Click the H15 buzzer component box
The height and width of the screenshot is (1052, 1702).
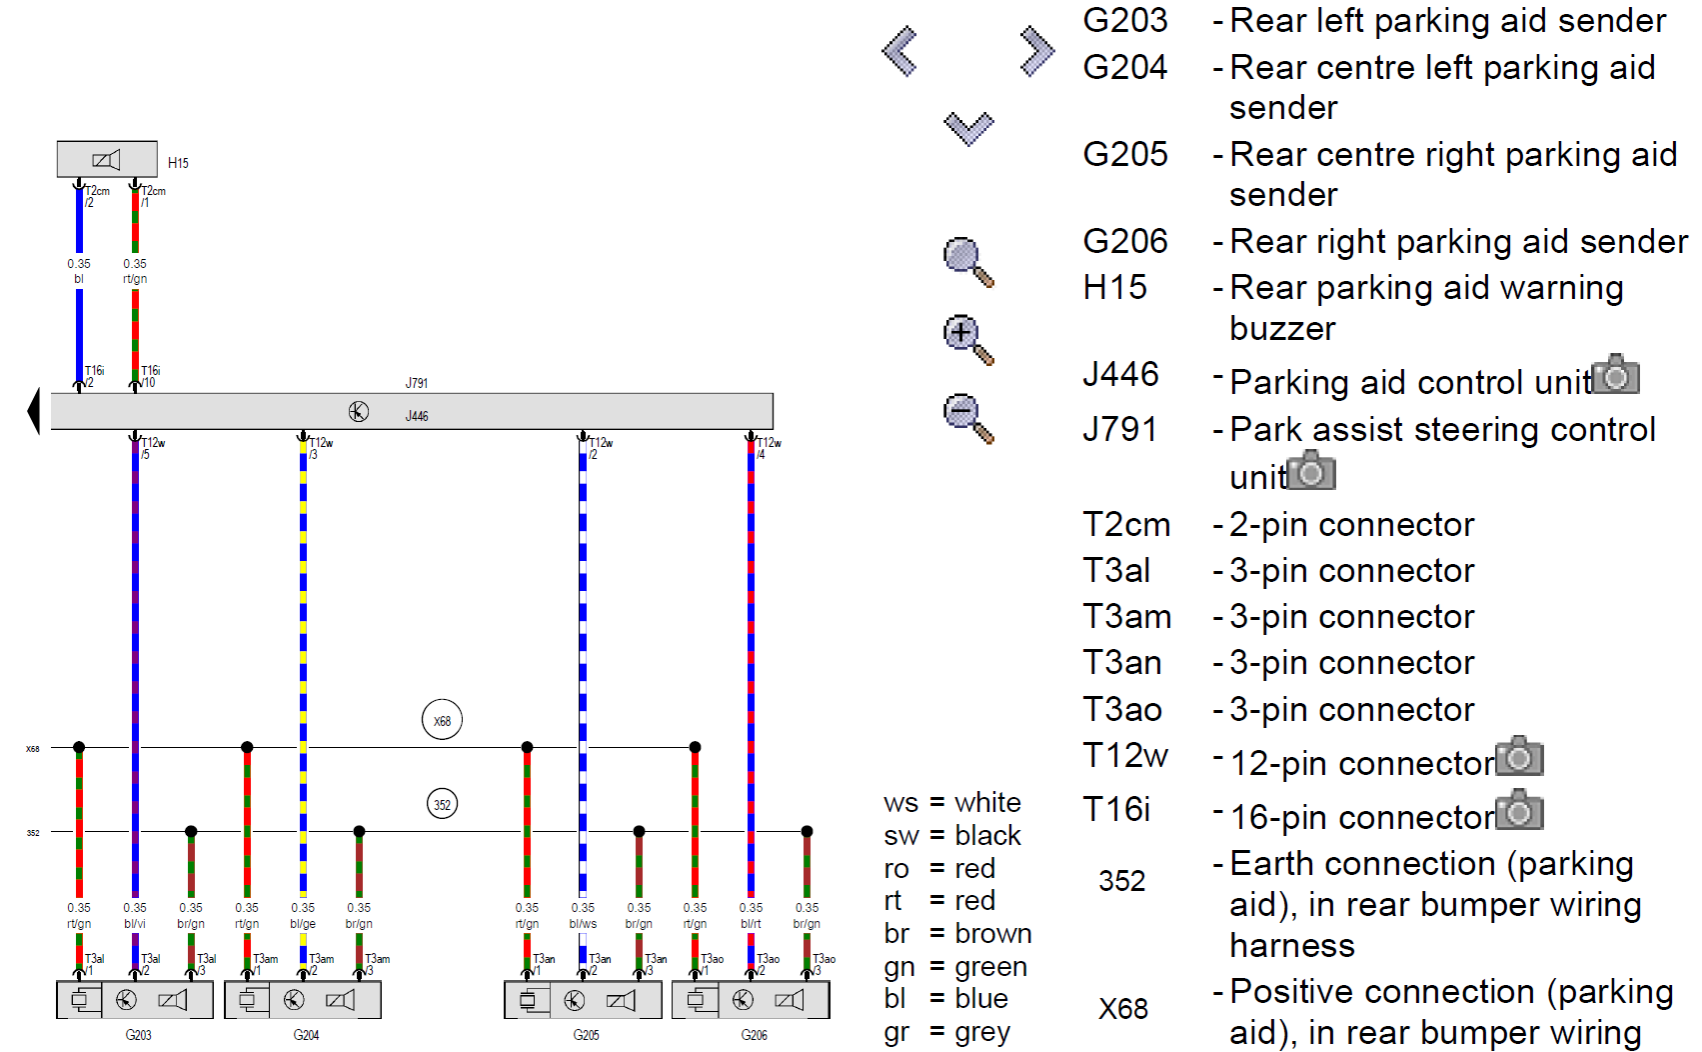point(107,159)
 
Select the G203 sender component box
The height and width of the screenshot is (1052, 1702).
point(134,999)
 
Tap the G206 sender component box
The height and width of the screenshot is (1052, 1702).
point(750,999)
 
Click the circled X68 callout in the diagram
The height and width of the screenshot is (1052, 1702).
point(442,720)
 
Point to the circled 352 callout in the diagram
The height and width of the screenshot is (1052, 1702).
point(442,804)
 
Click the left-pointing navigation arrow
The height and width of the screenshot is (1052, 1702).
point(900,51)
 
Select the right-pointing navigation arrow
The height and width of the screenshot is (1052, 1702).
point(1036,51)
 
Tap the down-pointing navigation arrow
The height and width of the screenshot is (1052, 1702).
point(968,128)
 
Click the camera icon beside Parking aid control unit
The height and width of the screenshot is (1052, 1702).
point(1616,375)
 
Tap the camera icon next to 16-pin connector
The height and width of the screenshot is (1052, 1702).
point(1519,811)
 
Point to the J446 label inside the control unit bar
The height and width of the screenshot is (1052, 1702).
point(417,416)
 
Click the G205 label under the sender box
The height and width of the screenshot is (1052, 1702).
point(587,1035)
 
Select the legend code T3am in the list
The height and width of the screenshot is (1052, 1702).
point(1126,617)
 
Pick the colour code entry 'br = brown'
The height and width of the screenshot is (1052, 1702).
point(957,933)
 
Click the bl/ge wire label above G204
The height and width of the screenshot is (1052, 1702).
point(303,924)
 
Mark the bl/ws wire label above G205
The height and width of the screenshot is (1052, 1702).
point(583,924)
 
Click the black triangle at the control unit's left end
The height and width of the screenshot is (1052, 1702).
point(34,411)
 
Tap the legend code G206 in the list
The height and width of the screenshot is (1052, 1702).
point(1125,241)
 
